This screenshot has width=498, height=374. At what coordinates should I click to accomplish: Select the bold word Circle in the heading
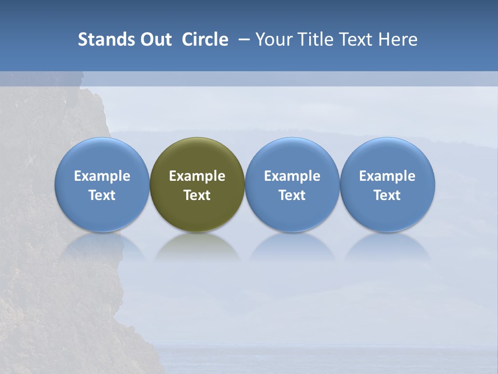tap(205, 39)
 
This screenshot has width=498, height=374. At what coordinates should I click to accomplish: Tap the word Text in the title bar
tap(354, 39)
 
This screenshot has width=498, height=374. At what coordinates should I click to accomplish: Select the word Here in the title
tap(397, 39)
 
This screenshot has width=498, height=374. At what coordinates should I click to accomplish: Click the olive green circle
tap(197, 156)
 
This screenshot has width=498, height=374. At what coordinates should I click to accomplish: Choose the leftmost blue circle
tap(102, 156)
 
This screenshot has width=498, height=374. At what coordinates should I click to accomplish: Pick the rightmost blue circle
tap(388, 156)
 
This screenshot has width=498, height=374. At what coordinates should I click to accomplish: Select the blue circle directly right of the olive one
tap(292, 156)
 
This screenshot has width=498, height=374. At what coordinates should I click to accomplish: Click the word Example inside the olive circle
tap(197, 176)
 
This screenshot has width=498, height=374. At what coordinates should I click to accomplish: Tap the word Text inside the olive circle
tap(197, 195)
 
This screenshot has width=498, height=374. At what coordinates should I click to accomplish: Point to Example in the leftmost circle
tap(102, 176)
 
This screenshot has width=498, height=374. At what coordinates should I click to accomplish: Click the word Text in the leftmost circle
tap(102, 195)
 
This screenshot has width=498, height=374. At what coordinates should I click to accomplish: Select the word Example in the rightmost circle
tap(388, 176)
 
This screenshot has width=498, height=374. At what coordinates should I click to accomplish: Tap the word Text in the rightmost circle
tap(388, 195)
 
